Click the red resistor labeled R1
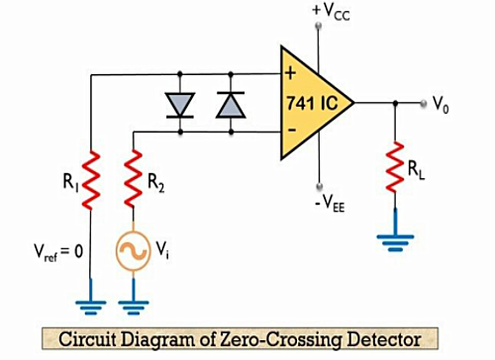point(91,180)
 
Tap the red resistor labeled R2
point(134,179)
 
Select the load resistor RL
point(395,167)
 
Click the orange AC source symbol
point(134,251)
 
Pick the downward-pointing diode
point(180,105)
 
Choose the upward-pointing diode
point(231,105)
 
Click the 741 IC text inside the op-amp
point(312,103)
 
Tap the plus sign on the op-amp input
point(290,73)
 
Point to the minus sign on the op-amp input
point(292,130)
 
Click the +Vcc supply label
point(331,12)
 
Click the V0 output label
point(441,105)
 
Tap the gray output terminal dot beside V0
point(424,103)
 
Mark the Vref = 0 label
point(58,252)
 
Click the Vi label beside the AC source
point(162,249)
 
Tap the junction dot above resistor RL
point(395,103)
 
